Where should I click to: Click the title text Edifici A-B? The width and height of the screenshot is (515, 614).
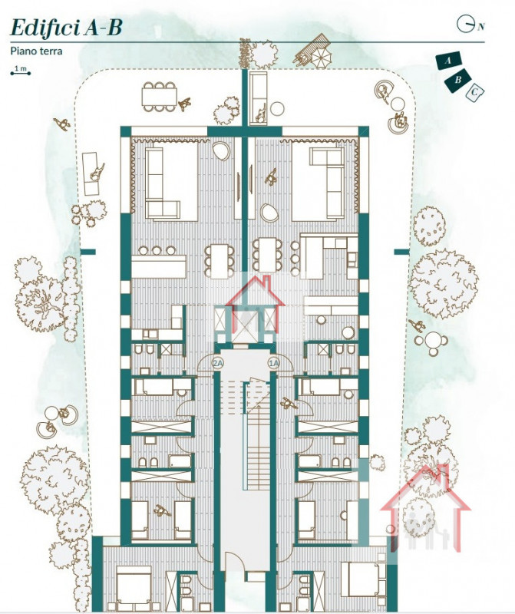pyautogui.click(x=65, y=28)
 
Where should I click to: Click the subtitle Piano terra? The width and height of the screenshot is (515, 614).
pyautogui.click(x=36, y=51)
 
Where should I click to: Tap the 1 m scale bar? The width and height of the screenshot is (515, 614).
pyautogui.click(x=21, y=71)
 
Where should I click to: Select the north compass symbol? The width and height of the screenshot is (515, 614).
pyautogui.click(x=467, y=24)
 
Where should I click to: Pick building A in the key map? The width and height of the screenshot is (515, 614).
pyautogui.click(x=447, y=60)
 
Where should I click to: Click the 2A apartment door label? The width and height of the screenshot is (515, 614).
pyautogui.click(x=217, y=362)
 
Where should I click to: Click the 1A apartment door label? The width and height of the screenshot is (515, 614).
pyautogui.click(x=272, y=362)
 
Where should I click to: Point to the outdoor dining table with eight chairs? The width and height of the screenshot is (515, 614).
pyautogui.click(x=158, y=96)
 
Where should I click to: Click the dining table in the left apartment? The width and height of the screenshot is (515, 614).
pyautogui.click(x=220, y=259)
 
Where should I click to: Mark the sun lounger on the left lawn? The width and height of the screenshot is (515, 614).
pyautogui.click(x=92, y=165)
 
